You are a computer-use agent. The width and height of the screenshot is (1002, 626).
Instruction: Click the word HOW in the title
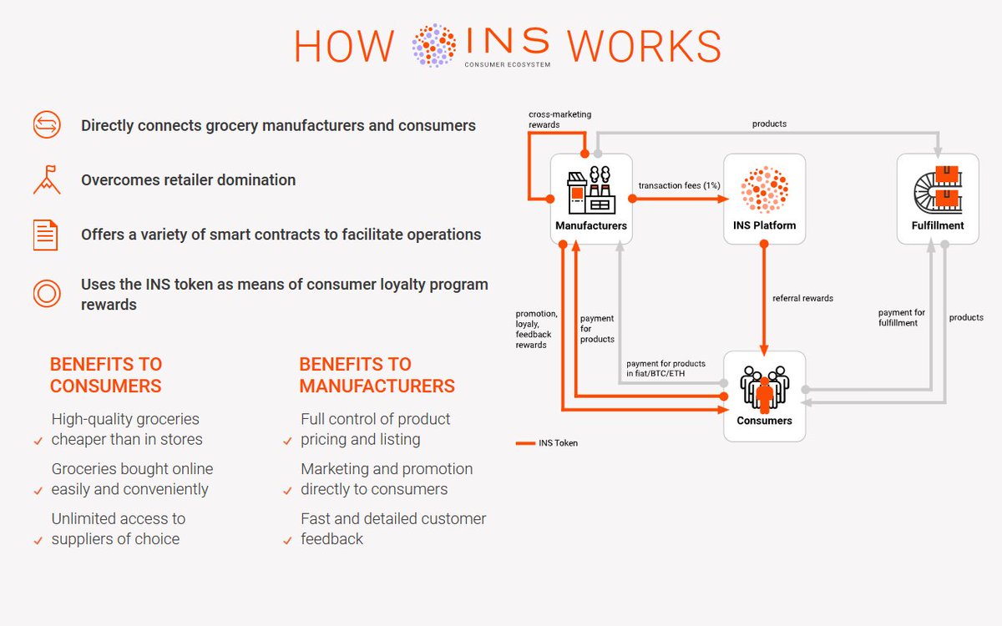pyautogui.click(x=343, y=47)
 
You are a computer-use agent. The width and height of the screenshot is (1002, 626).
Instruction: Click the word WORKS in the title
pyautogui.click(x=643, y=47)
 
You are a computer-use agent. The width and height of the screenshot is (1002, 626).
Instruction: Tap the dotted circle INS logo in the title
pyautogui.click(x=434, y=45)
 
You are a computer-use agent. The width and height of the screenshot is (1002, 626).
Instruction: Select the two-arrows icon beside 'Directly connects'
pyautogui.click(x=46, y=126)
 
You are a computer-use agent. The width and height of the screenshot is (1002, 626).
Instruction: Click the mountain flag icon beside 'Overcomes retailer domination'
pyautogui.click(x=46, y=179)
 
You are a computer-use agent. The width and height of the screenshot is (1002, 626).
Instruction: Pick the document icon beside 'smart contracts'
pyautogui.click(x=46, y=235)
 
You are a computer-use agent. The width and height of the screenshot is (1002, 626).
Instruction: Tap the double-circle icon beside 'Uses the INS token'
pyautogui.click(x=46, y=294)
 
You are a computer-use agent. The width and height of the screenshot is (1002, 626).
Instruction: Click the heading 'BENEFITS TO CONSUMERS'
pyautogui.click(x=106, y=375)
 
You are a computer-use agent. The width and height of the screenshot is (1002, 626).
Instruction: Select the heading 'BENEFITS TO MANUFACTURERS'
pyautogui.click(x=377, y=375)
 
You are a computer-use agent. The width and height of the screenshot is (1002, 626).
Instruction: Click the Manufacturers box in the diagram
pyautogui.click(x=591, y=199)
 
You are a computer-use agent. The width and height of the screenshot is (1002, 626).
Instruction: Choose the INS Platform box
pyautogui.click(x=764, y=199)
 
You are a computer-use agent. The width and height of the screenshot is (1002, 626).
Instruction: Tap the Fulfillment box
pyautogui.click(x=937, y=199)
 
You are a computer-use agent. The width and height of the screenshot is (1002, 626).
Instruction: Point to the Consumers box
pyautogui.click(x=764, y=396)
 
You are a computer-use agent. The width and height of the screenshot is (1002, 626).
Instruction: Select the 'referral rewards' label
pyautogui.click(x=802, y=298)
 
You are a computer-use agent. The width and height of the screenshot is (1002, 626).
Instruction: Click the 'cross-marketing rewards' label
pyautogui.click(x=559, y=119)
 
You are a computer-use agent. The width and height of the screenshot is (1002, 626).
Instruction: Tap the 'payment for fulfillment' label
pyautogui.click(x=902, y=318)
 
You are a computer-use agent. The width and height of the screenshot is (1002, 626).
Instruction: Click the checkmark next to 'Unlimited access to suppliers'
pyautogui.click(x=38, y=541)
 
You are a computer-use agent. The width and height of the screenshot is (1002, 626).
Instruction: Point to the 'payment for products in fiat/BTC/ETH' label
pyautogui.click(x=665, y=368)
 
